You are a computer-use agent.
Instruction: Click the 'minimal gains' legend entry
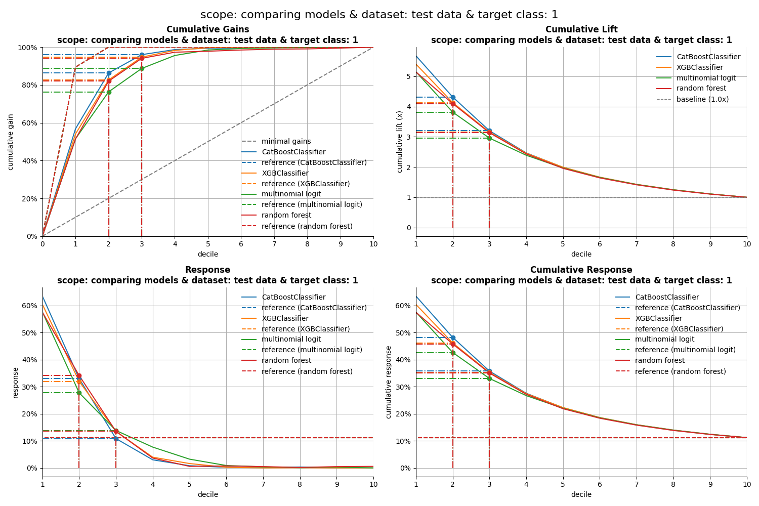286,142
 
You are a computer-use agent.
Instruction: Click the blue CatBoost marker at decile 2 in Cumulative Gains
109,73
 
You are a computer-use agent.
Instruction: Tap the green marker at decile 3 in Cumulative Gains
142,68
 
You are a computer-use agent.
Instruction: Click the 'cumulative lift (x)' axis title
400,142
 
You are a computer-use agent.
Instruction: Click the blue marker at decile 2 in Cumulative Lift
453,97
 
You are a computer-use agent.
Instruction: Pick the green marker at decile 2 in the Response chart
79,393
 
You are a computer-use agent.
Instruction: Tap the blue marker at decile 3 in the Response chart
116,439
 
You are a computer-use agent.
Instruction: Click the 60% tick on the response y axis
29,306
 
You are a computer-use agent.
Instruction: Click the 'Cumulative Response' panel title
581,270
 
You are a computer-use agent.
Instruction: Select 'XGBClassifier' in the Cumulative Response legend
658,319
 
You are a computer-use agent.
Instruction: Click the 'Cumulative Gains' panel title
207,30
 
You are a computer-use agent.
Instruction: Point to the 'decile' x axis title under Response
207,494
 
